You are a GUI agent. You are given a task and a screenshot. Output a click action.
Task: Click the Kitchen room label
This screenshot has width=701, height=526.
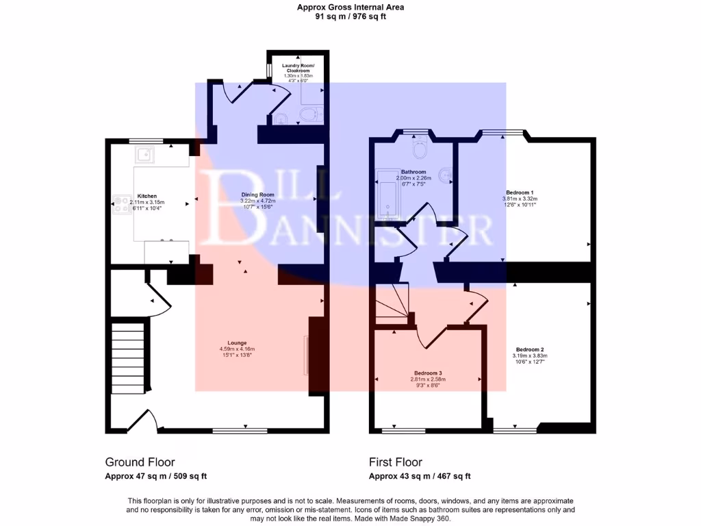(147, 195)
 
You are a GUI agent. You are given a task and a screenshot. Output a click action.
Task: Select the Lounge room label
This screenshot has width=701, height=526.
(238, 342)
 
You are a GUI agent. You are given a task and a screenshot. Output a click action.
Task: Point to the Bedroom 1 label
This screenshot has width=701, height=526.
(520, 192)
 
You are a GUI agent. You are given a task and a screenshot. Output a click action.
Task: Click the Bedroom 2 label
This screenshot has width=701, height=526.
(530, 349)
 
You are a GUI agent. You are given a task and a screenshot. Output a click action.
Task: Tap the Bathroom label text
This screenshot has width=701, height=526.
(413, 172)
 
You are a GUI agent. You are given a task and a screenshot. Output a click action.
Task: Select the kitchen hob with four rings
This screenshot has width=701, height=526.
(122, 203)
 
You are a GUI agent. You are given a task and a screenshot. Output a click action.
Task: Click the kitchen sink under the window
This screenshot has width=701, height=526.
(144, 156)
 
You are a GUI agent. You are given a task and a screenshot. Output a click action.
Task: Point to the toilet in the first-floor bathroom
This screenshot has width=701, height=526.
(419, 147)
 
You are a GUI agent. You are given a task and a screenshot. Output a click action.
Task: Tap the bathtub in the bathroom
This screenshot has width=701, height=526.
(387, 199)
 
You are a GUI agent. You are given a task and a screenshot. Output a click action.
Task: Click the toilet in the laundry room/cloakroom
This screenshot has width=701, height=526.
(311, 114)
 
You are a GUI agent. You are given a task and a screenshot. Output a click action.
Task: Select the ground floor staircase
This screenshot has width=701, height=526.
(128, 357)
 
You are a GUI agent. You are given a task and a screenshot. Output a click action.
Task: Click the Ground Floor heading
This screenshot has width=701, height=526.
(140, 462)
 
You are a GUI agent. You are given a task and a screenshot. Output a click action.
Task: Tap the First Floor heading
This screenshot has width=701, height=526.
(395, 462)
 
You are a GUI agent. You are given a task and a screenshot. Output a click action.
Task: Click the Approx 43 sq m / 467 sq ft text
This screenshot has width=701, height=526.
(419, 476)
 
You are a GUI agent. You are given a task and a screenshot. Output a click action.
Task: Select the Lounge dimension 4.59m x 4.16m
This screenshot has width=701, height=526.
(237, 349)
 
